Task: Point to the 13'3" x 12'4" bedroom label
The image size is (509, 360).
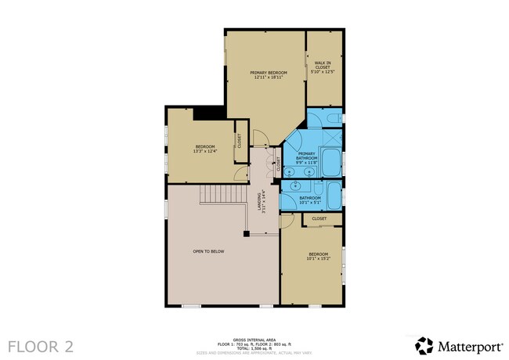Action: (205, 149)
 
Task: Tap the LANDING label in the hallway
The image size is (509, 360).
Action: (263, 202)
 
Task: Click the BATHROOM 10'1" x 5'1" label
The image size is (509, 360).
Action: (310, 200)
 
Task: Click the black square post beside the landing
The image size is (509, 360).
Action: (246, 232)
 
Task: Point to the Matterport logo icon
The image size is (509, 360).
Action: (424, 345)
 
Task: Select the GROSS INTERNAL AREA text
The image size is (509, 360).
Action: (254, 340)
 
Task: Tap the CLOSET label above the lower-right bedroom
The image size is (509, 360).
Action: (319, 218)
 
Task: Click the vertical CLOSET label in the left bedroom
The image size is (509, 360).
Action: (239, 141)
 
